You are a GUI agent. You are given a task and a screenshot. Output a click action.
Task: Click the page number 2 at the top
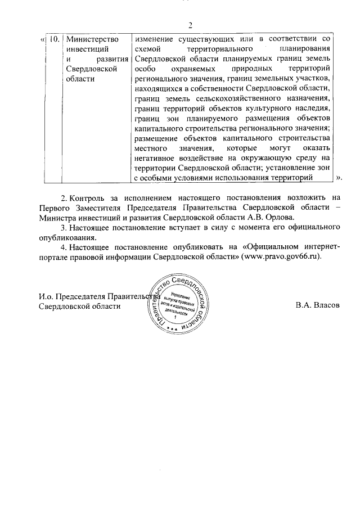(191, 25)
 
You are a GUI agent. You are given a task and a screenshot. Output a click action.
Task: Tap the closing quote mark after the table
(339, 177)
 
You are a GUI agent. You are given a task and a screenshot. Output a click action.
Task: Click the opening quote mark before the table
(43, 39)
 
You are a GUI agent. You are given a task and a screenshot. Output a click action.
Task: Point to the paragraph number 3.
(63, 227)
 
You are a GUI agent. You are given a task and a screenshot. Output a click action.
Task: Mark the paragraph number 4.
(63, 246)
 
